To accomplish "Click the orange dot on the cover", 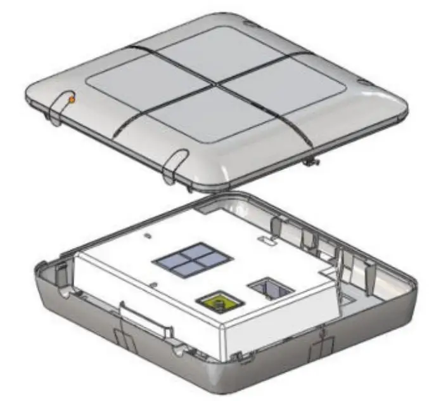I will [72, 100].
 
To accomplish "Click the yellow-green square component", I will [217, 299].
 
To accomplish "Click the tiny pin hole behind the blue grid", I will [148, 235].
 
